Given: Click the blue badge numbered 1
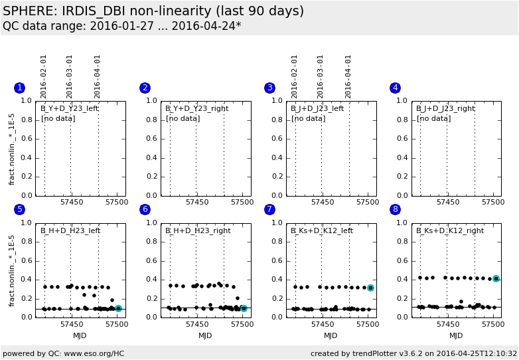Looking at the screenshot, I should click(x=19, y=88).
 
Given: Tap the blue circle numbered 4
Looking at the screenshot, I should click(x=396, y=88).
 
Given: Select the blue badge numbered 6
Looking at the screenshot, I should click(x=145, y=209).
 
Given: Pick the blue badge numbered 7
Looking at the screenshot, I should click(x=269, y=209).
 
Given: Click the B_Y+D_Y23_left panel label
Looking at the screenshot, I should click(x=70, y=108).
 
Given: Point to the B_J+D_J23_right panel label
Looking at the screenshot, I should click(x=445, y=108).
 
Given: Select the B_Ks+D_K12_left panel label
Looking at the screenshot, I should click(x=322, y=230).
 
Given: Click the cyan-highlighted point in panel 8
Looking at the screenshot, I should click(x=496, y=278).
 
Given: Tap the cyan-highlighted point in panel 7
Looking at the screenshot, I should click(x=370, y=288).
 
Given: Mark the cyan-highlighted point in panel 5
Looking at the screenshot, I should click(x=118, y=308).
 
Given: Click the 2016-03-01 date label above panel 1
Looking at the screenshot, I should click(x=70, y=76).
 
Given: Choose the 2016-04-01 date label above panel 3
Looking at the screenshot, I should click(x=348, y=76).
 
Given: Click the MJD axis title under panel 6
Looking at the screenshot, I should click(x=205, y=336).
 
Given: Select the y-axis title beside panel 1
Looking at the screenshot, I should click(x=12, y=149).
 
